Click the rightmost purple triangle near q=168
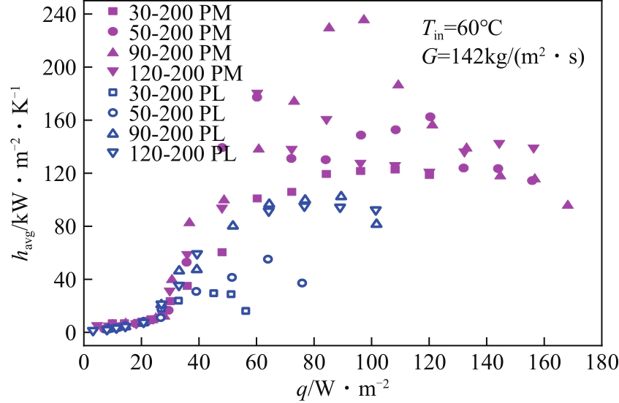coord(568,205)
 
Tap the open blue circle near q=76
coord(303,283)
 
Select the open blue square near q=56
coord(246,311)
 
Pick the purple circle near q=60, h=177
coord(257,97)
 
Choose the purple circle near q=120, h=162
coord(430,117)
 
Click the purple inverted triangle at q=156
coord(533,149)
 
